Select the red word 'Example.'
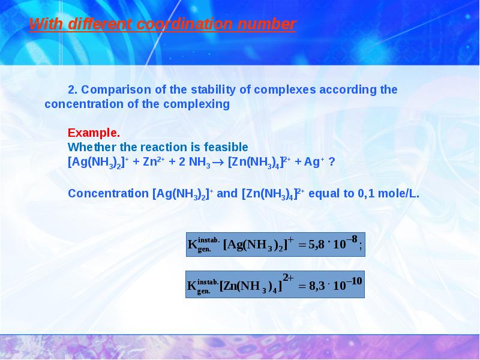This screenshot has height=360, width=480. click(x=94, y=133)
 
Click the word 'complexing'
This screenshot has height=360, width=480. click(x=199, y=104)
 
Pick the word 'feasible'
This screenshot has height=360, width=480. click(x=226, y=147)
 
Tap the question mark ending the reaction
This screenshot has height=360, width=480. click(x=331, y=162)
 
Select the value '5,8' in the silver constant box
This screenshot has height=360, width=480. click(x=316, y=245)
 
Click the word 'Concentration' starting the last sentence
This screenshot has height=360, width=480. click(x=107, y=194)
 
